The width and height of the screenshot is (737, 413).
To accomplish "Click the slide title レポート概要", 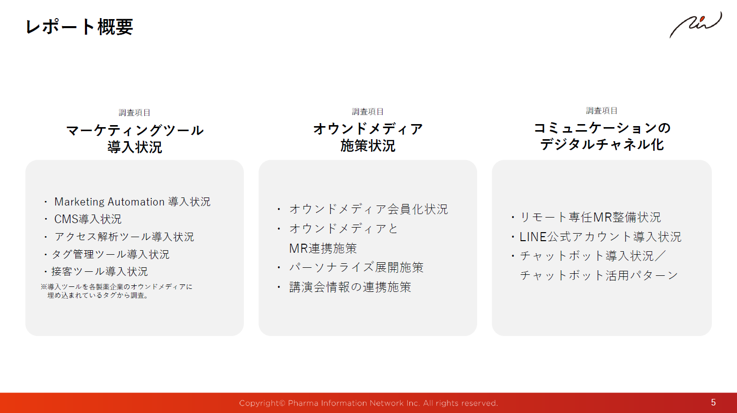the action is [79, 27].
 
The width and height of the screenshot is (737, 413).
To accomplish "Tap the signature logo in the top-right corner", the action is [696, 25].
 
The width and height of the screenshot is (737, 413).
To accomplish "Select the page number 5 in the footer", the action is [713, 402].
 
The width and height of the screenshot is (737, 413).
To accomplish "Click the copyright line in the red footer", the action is [368, 403].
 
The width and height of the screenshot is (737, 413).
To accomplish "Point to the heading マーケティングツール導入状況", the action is [135, 139].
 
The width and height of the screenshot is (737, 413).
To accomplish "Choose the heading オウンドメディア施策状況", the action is [368, 137].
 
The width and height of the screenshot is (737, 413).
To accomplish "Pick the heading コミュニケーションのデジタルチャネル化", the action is [602, 136].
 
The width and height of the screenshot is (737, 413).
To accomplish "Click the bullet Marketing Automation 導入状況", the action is [132, 201].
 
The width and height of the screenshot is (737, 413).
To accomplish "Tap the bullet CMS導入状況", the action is [88, 219].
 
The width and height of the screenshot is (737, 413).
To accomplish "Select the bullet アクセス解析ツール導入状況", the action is [124, 237].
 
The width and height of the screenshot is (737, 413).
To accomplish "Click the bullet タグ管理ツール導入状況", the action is [111, 254].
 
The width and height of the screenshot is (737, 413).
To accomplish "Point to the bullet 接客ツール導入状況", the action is [100, 272].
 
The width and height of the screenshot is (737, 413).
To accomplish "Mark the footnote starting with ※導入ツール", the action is [117, 291].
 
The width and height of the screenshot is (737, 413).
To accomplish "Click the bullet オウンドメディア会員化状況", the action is [368, 209].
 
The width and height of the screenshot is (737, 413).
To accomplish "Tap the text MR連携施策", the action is [323, 248].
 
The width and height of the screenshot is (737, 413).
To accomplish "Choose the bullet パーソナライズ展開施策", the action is [356, 267].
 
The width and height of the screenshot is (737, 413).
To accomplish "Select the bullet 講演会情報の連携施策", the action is [350, 287].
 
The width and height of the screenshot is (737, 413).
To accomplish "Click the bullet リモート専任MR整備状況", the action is [590, 218].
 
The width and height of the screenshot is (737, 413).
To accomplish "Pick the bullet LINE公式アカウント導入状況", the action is [600, 237].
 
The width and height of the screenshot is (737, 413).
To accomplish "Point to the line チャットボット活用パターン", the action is [599, 275].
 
